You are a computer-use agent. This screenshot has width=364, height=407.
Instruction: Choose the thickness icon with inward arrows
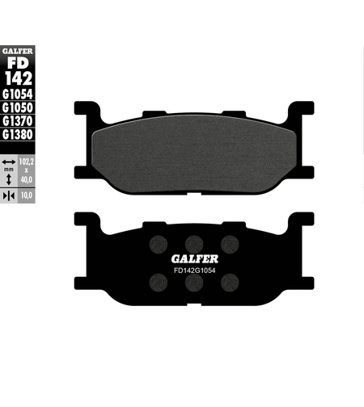[8, 196]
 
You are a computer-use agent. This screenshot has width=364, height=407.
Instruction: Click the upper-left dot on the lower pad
[158, 243]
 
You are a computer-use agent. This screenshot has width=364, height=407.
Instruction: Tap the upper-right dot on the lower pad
[229, 243]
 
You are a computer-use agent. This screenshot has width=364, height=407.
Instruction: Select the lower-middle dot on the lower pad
[193, 283]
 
